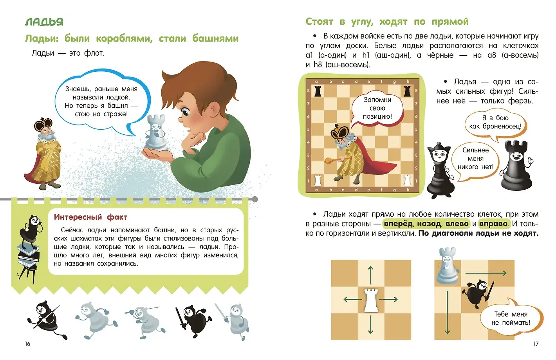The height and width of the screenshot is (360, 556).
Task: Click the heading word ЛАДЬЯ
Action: coord(44,22)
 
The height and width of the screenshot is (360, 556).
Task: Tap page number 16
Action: coord(27,344)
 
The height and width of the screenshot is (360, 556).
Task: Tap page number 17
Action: coord(536,344)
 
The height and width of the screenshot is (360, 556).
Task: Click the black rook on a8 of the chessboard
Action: coord(318,92)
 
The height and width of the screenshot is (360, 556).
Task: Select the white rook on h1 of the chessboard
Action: coord(407,181)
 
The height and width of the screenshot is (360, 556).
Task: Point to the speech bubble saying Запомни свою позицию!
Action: coord(377,108)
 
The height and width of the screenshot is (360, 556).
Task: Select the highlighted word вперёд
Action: coord(398,224)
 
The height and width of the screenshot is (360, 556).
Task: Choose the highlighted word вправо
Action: coord(493,224)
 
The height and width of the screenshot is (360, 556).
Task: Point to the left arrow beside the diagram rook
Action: coord(351,300)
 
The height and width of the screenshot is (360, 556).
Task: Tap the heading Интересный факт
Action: coord(90,217)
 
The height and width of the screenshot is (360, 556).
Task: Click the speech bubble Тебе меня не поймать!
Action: coord(511,318)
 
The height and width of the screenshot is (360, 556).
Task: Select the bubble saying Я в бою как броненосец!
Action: coord(495,122)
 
